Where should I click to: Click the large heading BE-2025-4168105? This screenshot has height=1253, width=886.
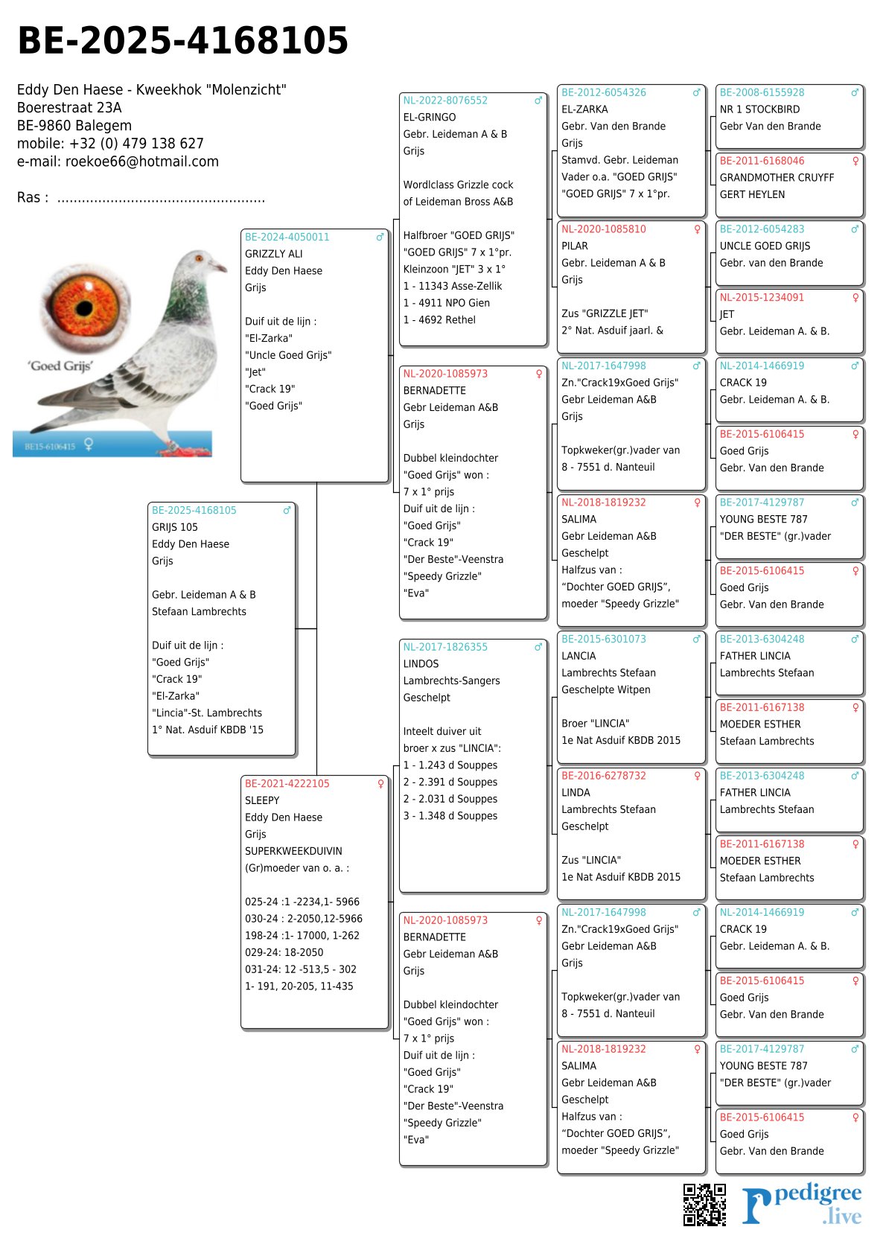(182, 41)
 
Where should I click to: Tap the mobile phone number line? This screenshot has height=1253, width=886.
(110, 144)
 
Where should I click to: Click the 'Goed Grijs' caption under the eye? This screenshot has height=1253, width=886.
(60, 366)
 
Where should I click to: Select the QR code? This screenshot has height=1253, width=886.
(704, 1204)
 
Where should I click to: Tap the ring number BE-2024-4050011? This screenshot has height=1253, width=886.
(287, 237)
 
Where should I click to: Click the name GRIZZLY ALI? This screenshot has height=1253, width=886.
(273, 254)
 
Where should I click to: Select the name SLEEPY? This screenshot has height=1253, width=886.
(262, 800)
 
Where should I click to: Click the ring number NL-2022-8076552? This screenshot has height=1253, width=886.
(445, 101)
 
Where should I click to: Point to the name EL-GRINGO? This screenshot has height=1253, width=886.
(430, 118)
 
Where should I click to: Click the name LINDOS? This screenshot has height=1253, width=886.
(421, 664)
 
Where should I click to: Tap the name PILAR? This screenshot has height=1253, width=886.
(575, 246)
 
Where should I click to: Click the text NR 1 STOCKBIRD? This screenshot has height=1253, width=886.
(759, 109)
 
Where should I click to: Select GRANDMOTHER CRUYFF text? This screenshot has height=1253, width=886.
(777, 178)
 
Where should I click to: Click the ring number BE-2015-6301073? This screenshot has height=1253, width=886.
(603, 640)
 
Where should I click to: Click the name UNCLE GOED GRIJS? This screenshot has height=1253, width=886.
(765, 246)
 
